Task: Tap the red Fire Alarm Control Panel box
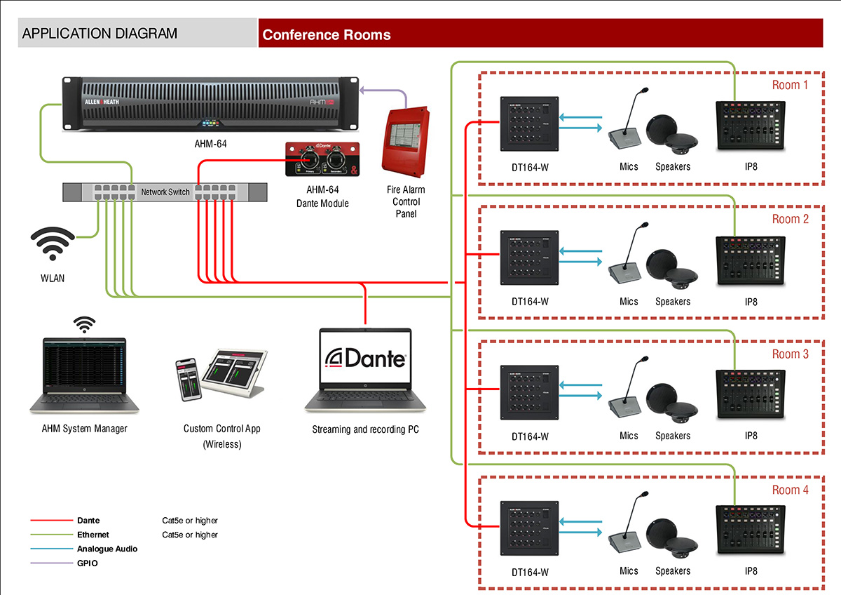coord(405,141)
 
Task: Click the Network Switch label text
coord(165,192)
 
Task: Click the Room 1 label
coord(790,85)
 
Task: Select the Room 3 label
coord(790,354)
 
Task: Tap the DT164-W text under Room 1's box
coord(530,167)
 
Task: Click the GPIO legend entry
coord(88,563)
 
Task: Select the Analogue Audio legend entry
coord(107,549)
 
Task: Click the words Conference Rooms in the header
coord(327,34)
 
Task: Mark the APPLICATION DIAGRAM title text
coord(100,34)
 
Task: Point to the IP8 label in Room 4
coord(751,571)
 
